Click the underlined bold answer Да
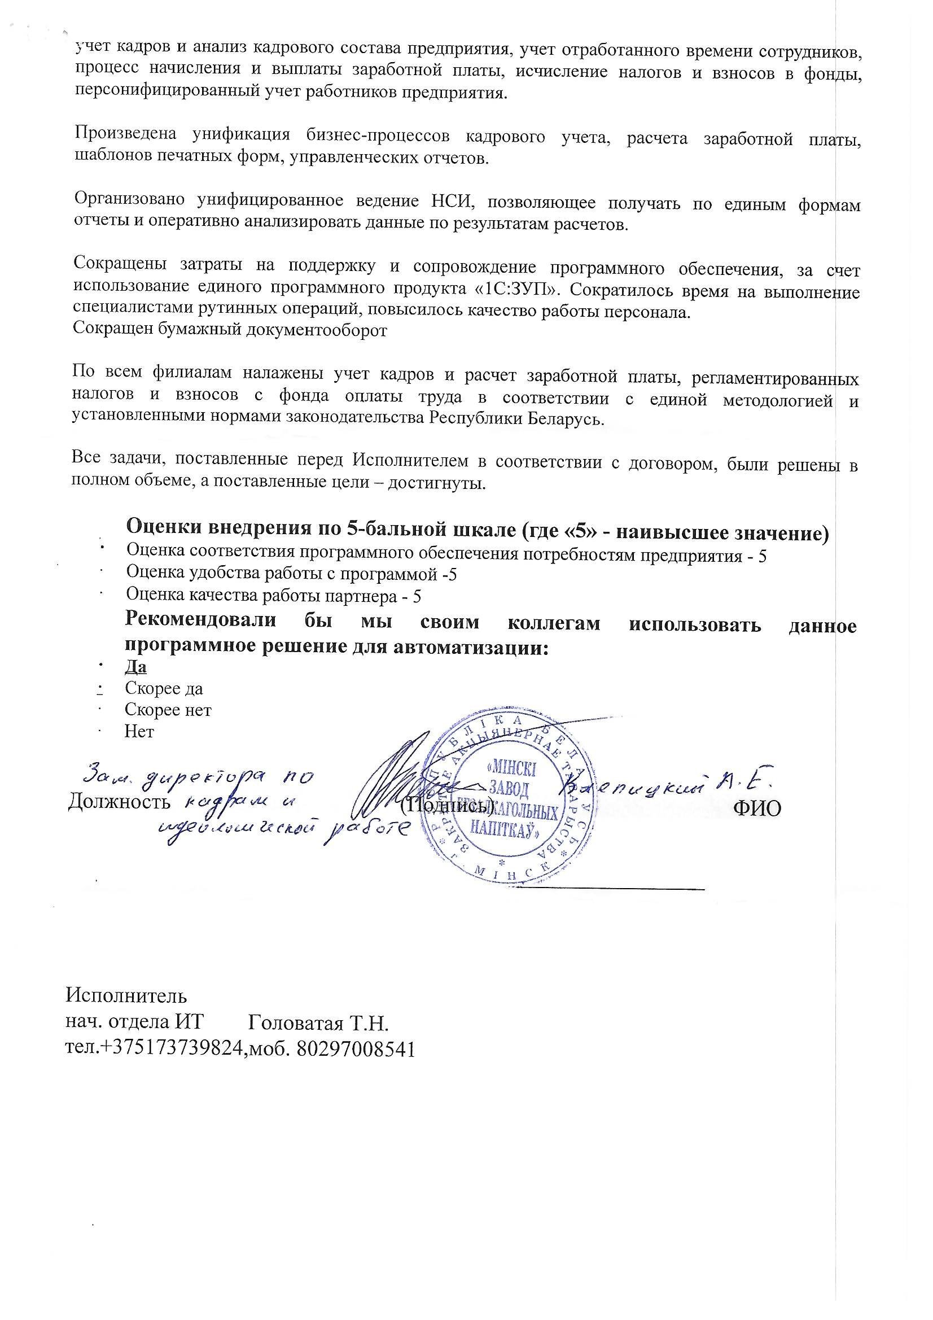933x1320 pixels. click(x=135, y=667)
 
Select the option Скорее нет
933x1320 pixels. click(x=168, y=711)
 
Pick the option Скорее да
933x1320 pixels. click(x=164, y=689)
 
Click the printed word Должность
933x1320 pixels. click(x=119, y=802)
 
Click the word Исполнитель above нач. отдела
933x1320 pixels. click(x=127, y=995)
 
